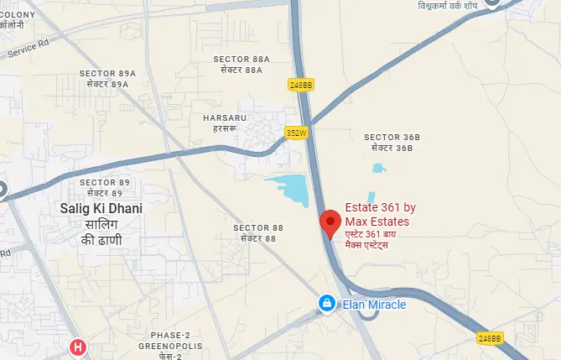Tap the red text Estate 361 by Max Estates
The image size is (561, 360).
click(381, 214)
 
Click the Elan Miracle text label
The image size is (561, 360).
click(374, 305)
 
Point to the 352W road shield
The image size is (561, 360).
click(297, 132)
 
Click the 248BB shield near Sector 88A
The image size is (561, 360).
click(299, 85)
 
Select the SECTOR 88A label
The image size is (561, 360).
click(242, 60)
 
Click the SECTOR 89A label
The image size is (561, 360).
click(107, 74)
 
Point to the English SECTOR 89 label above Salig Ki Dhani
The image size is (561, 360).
click(105, 182)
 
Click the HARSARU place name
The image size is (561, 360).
click(225, 118)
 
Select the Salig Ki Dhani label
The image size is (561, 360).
click(101, 207)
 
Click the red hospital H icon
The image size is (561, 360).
click(78, 347)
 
